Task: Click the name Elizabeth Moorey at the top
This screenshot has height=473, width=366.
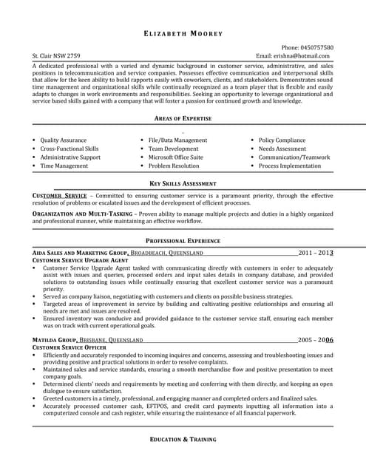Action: pos(183,34)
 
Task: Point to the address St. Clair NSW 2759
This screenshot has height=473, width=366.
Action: pos(57,56)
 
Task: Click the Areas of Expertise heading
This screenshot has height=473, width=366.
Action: pos(183,118)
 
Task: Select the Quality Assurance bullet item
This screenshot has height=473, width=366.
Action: pos(63,140)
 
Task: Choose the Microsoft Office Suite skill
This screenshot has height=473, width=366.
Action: pos(176,157)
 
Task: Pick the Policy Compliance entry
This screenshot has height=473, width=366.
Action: pos(282,140)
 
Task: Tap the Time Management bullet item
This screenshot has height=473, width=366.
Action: pos(64,166)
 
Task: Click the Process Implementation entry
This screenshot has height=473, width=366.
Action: pos(289,166)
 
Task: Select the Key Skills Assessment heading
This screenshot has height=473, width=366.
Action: pos(183,183)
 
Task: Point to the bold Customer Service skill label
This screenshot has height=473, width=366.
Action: pos(60,196)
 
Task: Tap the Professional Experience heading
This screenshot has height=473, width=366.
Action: pos(183,241)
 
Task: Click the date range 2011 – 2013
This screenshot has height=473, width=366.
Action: pos(316,253)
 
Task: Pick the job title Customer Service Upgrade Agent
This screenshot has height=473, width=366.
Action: pos(81,261)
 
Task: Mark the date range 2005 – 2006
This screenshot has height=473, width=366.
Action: pos(316,340)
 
